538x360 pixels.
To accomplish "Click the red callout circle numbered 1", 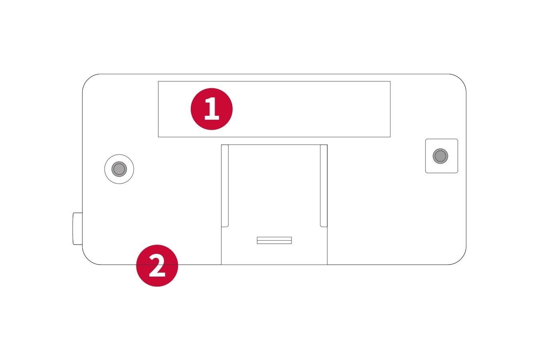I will point(212,109).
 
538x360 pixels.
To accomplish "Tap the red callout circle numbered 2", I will point(157,265).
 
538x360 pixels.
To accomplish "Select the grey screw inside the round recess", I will point(119,169).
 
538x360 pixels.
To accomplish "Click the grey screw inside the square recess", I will point(440,156).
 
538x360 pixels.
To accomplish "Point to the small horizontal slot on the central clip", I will point(274,240).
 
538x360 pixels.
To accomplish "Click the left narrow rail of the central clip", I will point(225,186).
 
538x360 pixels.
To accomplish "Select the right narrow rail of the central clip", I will point(324,186).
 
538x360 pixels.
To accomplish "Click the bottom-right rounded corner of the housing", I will point(460,259).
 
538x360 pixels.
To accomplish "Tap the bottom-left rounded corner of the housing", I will point(88,259).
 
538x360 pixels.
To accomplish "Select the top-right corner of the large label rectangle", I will point(390,81).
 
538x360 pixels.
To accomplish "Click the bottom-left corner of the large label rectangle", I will point(158,137).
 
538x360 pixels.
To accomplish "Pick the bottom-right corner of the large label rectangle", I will point(390,137).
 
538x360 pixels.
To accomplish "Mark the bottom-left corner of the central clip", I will point(222,264).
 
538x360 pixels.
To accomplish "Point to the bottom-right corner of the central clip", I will point(327,264).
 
